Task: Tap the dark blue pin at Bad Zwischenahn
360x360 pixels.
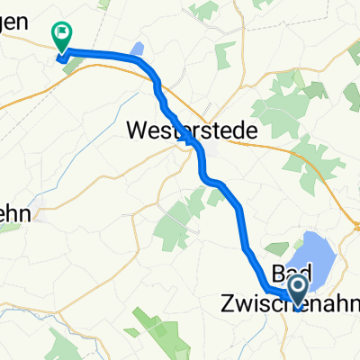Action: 297,289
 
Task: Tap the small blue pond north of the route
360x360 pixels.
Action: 137,49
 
